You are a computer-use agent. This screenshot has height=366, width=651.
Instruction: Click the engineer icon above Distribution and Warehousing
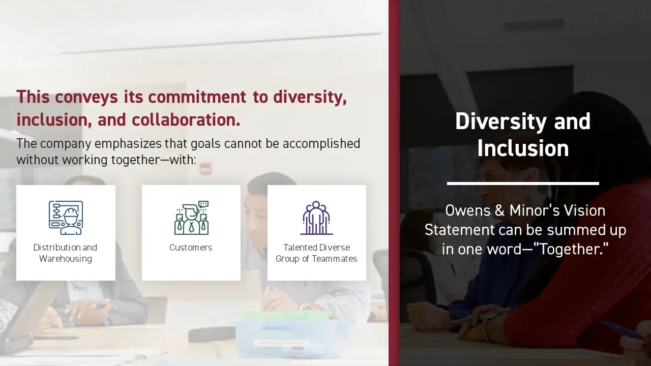[x=66, y=218]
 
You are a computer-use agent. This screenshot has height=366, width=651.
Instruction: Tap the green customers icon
[x=192, y=218]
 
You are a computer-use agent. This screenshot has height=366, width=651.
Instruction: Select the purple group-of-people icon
[x=316, y=218]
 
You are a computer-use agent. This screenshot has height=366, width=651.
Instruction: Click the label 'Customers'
[x=191, y=248]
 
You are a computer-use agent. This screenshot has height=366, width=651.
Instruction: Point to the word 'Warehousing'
[x=66, y=259]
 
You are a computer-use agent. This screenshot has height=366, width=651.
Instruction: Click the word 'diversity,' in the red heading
[x=310, y=98]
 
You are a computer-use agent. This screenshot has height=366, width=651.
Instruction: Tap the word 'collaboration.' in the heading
[x=186, y=119]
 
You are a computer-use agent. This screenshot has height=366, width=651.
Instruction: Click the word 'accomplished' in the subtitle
[x=321, y=144]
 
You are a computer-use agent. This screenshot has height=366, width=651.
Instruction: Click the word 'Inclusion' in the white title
[x=523, y=148]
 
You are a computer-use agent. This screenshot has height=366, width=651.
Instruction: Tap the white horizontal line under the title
[x=523, y=184]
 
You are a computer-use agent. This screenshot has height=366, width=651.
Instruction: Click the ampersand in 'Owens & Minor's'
[x=499, y=210]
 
